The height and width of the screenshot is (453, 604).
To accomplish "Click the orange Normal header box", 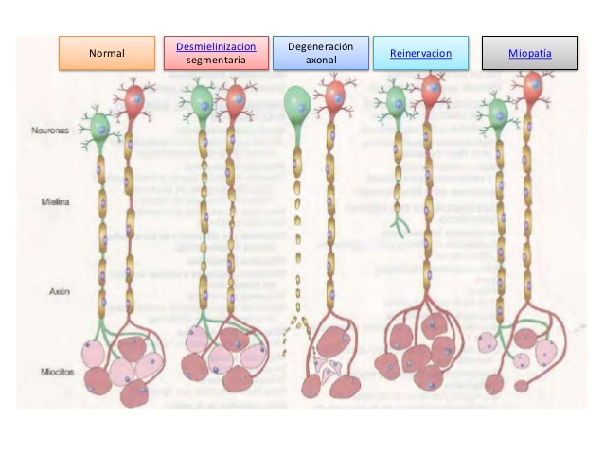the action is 107,53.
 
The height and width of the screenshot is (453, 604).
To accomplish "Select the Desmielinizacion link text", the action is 216,46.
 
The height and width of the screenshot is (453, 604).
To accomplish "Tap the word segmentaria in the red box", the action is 216,60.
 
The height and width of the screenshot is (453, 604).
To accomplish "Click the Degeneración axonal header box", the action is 321,53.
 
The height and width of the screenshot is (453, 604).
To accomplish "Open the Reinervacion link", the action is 420,53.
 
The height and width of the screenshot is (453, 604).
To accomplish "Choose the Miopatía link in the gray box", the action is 530,53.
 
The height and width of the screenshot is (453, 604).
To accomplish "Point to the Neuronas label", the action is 50,131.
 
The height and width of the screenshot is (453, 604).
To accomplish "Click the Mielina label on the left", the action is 56,201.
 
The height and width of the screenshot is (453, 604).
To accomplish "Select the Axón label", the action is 60,291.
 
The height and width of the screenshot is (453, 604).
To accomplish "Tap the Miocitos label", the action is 58,372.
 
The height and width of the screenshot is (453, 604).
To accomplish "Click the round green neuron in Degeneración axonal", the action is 297,103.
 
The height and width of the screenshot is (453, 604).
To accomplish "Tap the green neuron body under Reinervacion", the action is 396,101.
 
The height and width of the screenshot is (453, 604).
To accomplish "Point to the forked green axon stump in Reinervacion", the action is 400,226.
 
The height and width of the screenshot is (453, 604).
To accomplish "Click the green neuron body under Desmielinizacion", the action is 203,101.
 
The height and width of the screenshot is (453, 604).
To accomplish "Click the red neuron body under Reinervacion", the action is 431,89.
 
